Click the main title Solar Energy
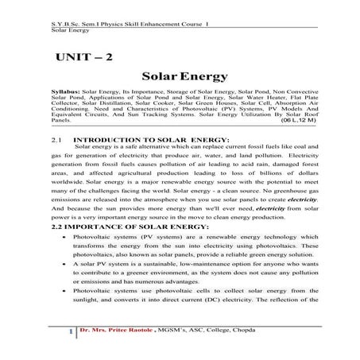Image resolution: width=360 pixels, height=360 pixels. [x=179, y=79]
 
